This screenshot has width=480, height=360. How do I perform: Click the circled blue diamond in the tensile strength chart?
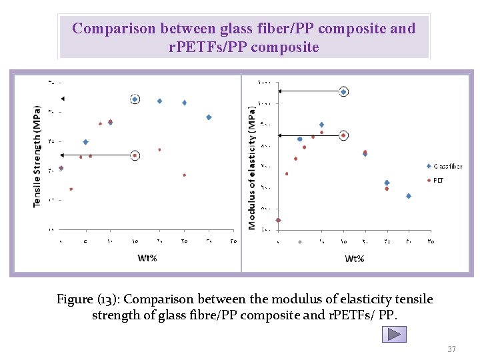[x=135, y=99]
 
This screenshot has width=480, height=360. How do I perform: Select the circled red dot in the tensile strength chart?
[x=135, y=155]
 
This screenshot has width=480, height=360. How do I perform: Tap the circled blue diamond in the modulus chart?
[x=343, y=92]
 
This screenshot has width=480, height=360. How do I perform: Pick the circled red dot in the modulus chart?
[x=343, y=135]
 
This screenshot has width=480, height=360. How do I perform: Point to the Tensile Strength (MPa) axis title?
[x=37, y=155]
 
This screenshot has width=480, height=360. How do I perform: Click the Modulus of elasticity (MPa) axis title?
[x=252, y=167]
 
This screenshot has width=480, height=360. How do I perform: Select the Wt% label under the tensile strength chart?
[x=147, y=258]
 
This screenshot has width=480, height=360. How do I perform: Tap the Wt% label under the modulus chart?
[x=355, y=258]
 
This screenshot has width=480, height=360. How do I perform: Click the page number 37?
[x=451, y=349]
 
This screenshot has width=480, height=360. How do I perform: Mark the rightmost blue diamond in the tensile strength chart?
[x=209, y=117]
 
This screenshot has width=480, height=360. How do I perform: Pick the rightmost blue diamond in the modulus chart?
[x=408, y=196]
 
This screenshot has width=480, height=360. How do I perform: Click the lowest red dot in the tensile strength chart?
[x=71, y=189]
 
